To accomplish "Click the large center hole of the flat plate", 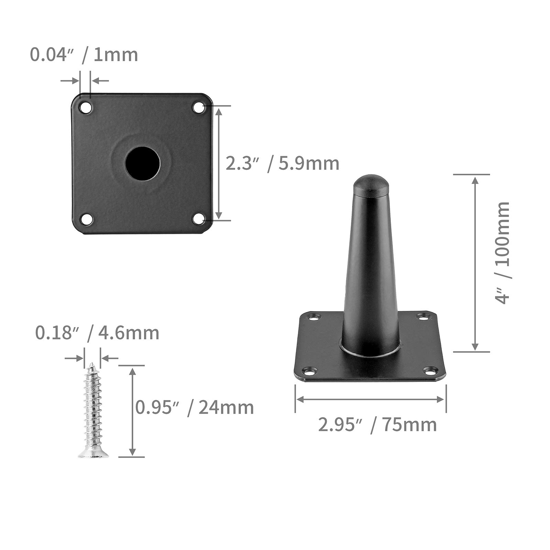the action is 142,164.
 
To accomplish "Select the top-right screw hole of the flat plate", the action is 199,108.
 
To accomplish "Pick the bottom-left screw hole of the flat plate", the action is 86,219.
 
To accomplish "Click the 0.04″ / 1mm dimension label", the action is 84,55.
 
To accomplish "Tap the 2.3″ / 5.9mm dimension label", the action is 283,164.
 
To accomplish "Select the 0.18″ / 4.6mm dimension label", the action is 97,333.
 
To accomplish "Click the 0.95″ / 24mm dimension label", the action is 195,408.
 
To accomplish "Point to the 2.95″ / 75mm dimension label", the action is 377,425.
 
